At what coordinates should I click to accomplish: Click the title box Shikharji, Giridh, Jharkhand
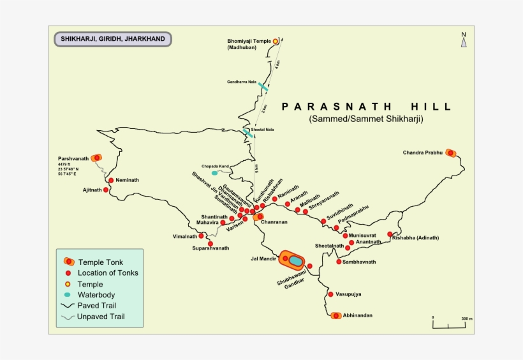(x=113, y=39)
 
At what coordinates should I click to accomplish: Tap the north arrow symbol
(x=464, y=41)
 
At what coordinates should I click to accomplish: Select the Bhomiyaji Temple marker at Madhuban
(x=276, y=41)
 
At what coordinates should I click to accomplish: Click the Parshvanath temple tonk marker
(x=96, y=158)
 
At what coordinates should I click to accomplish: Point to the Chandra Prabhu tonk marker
(x=451, y=153)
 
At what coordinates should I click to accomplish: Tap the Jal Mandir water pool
(x=295, y=260)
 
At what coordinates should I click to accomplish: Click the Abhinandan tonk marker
(x=336, y=315)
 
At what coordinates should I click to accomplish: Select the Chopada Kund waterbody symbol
(x=214, y=172)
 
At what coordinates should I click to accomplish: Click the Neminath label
(x=128, y=180)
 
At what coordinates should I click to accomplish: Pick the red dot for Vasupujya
(x=330, y=294)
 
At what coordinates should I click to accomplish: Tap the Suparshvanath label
(x=210, y=248)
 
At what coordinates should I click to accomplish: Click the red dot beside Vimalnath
(x=201, y=236)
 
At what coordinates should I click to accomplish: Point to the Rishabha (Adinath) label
(x=416, y=238)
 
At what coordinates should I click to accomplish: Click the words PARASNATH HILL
(x=366, y=107)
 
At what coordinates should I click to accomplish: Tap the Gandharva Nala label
(x=242, y=82)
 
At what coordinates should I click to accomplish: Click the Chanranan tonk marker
(x=260, y=216)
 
